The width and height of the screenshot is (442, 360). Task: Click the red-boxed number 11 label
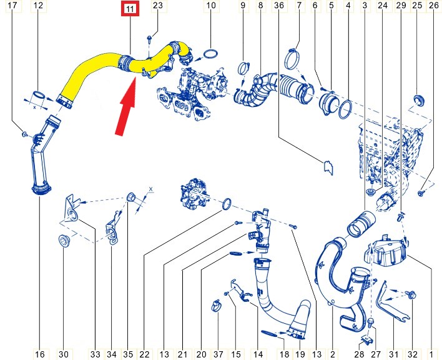[x=130, y=9]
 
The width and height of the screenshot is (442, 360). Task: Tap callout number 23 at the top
[x=157, y=6]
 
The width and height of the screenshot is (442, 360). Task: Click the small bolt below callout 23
[x=149, y=39]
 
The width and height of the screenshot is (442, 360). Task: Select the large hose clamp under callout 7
[x=293, y=59]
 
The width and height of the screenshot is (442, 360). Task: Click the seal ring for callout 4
[x=345, y=109]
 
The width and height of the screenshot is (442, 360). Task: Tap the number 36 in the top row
[x=278, y=6]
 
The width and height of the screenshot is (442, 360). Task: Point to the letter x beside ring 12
[x=35, y=107]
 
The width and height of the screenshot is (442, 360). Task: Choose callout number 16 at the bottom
[x=40, y=354]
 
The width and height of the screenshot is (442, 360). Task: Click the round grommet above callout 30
[x=64, y=241]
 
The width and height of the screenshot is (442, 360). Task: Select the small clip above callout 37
[x=216, y=306]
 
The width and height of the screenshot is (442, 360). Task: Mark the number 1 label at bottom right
[x=431, y=354]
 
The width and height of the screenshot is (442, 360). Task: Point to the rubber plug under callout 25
[x=420, y=100]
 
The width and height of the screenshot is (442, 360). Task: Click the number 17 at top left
[x=12, y=6]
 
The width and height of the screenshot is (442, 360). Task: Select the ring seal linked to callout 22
[x=227, y=204]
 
